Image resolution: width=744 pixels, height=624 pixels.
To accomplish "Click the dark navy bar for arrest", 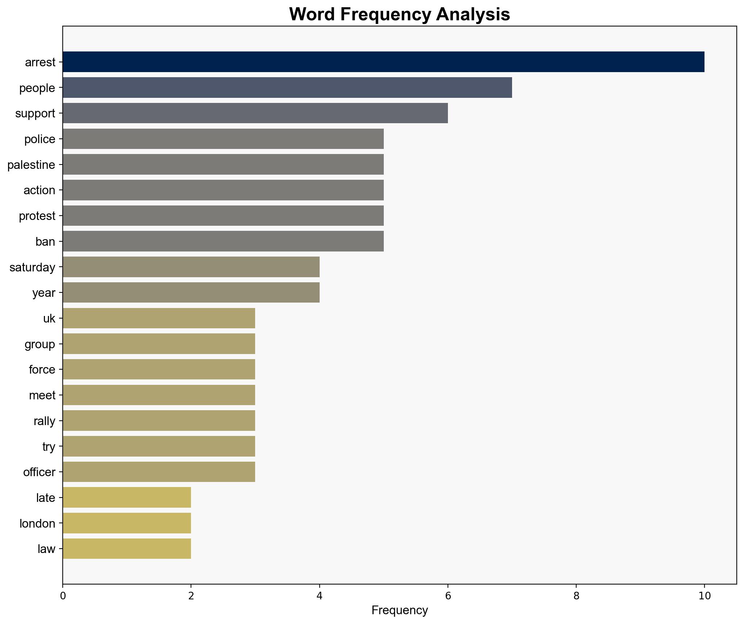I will pyautogui.click(x=383, y=62).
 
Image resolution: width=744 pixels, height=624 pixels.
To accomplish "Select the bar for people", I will pyautogui.click(x=287, y=88).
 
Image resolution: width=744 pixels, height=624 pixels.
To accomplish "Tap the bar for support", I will pyautogui.click(x=255, y=113).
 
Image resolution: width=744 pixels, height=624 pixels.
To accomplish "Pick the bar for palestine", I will pyautogui.click(x=223, y=165).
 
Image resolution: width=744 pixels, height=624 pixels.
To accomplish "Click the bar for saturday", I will pyautogui.click(x=191, y=267).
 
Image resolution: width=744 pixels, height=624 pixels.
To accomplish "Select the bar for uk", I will pyautogui.click(x=159, y=318).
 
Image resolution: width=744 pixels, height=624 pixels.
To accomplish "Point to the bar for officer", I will pyautogui.click(x=159, y=472).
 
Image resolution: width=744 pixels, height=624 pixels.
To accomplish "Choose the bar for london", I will pyautogui.click(x=127, y=523).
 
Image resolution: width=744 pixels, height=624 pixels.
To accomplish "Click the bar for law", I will pyautogui.click(x=127, y=549).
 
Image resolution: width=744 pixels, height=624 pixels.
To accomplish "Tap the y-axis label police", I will pyautogui.click(x=40, y=139).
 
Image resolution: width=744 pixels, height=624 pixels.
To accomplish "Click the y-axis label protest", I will pyautogui.click(x=37, y=216).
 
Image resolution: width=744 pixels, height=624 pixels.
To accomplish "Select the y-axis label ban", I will pyautogui.click(x=45, y=241).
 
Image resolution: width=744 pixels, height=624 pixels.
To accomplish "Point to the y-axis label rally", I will pyautogui.click(x=44, y=421).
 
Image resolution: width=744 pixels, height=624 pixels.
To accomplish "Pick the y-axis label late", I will pyautogui.click(x=46, y=498).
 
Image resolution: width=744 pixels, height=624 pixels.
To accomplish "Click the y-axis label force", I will pyautogui.click(x=42, y=370).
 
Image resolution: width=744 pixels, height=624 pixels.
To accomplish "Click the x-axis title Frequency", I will pyautogui.click(x=400, y=611).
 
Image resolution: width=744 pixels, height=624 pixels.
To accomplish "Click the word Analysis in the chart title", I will pyautogui.click(x=473, y=14).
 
